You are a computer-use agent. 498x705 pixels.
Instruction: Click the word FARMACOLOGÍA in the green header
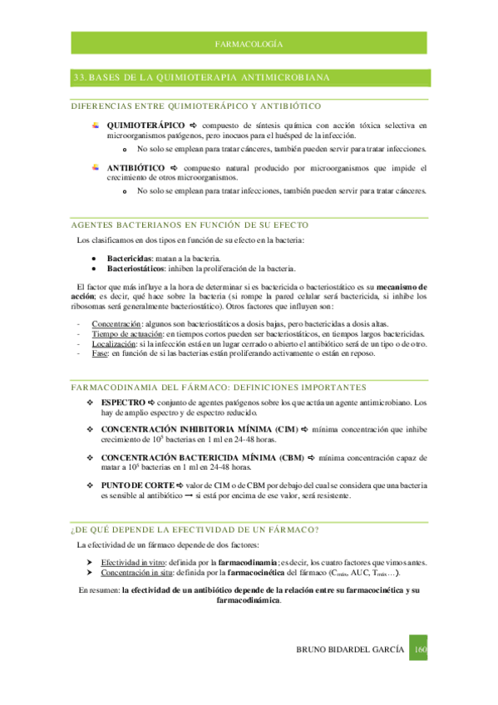click(x=249, y=42)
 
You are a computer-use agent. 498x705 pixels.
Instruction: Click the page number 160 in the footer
click(x=420, y=648)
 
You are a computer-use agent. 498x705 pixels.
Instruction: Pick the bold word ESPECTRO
click(x=123, y=402)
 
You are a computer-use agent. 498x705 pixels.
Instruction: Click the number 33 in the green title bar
click(x=79, y=77)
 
